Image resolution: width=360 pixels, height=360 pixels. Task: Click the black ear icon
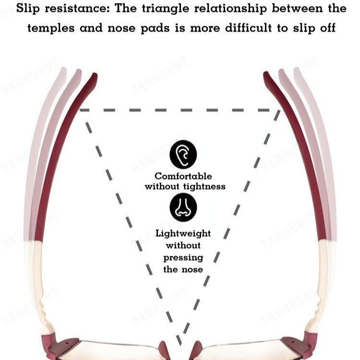183,154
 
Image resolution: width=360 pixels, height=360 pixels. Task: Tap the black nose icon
183,207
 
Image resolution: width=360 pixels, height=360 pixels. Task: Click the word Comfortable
183,176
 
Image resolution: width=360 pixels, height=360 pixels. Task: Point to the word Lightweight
183,233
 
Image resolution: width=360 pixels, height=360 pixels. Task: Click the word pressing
183,258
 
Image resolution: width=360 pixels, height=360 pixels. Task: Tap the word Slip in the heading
28,9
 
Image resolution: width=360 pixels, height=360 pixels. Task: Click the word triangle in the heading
166,9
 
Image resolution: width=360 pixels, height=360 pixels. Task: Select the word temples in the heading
51,28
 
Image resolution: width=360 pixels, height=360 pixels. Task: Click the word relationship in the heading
230,9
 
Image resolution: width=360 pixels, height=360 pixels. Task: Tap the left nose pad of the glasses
164,349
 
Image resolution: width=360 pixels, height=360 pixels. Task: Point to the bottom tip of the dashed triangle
180,344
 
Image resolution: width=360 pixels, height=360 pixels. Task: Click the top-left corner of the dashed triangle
80,110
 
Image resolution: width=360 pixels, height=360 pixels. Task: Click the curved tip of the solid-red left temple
95,75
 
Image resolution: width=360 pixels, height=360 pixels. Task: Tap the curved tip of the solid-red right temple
266,74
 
